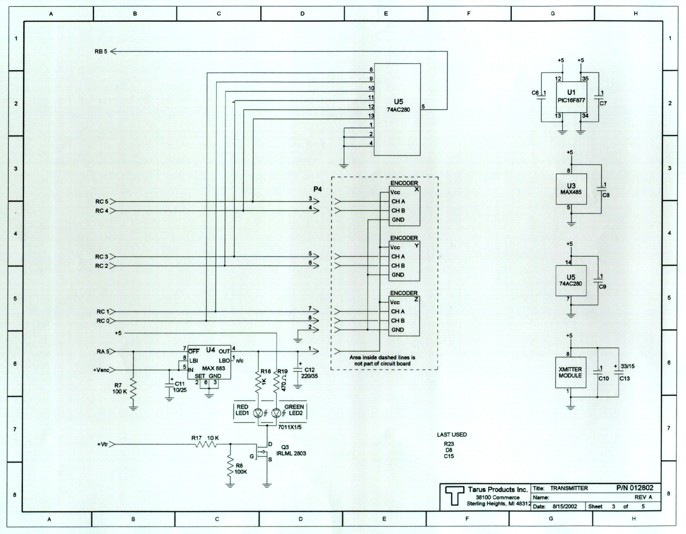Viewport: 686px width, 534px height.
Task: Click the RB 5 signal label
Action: pyautogui.click(x=101, y=51)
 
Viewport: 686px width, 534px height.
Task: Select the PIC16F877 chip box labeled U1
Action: pyautogui.click(x=571, y=97)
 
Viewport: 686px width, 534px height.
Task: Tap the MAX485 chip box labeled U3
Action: pyautogui.click(x=571, y=189)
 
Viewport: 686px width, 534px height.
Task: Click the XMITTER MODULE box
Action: pyautogui.click(x=570, y=373)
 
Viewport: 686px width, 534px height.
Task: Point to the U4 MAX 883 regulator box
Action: pyautogui.click(x=209, y=362)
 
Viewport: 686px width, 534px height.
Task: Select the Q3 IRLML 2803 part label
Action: pyautogui.click(x=291, y=450)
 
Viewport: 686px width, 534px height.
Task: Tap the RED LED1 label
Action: pyautogui.click(x=242, y=410)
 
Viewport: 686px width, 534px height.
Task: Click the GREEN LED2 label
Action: pyautogui.click(x=294, y=410)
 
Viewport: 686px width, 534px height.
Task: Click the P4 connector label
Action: pyautogui.click(x=318, y=190)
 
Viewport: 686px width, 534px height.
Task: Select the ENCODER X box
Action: pyautogui.click(x=404, y=206)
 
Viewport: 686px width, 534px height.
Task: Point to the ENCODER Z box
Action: pyautogui.click(x=404, y=316)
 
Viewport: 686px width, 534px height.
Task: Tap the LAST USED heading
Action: pyautogui.click(x=452, y=435)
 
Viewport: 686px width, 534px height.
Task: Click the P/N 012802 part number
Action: pyautogui.click(x=635, y=488)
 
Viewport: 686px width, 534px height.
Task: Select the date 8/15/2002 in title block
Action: pyautogui.click(x=565, y=507)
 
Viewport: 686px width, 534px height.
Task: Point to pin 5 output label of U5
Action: pyautogui.click(x=423, y=107)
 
